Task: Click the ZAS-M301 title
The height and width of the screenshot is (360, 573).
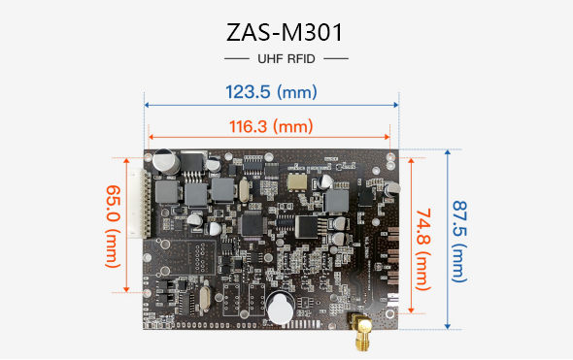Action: [285, 32]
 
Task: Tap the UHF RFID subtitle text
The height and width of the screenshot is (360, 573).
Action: [286, 59]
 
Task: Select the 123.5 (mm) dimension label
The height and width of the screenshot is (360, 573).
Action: [271, 91]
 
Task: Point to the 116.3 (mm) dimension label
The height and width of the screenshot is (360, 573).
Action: [271, 126]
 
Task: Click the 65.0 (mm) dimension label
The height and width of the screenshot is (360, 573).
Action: [113, 226]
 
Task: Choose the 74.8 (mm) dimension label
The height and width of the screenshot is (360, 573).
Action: [423, 249]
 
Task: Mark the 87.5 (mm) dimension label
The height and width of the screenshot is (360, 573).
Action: [459, 242]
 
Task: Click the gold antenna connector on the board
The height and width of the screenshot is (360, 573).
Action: [361, 331]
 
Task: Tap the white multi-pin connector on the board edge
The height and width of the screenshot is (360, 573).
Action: [138, 204]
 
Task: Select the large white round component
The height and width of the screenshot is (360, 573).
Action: [281, 309]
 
